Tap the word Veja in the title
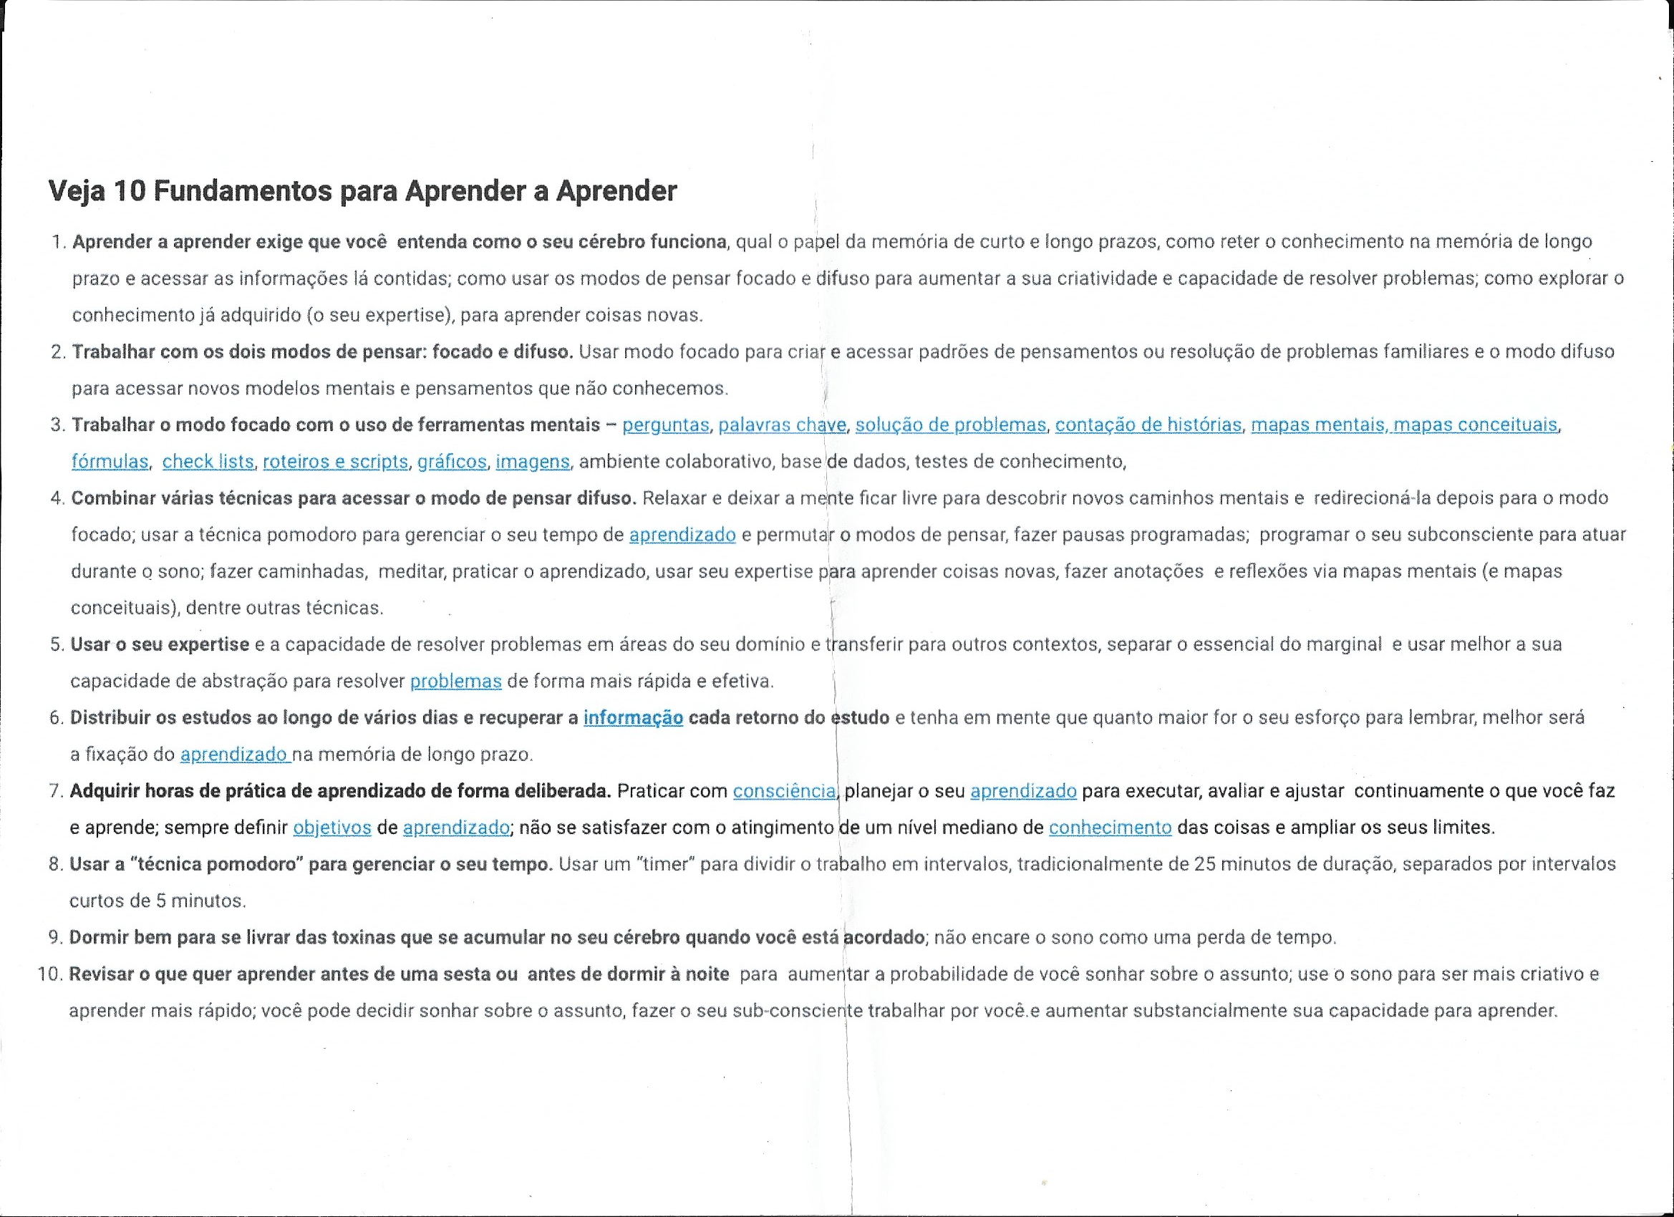tap(77, 192)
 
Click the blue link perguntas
tap(666, 425)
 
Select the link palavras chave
tap(782, 425)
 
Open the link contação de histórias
tap(1148, 425)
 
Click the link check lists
tap(208, 462)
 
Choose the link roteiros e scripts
tap(335, 462)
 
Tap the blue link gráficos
tap(452, 462)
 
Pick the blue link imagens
tap(532, 462)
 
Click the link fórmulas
tap(110, 462)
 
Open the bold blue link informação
tap(632, 718)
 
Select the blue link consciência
tap(785, 792)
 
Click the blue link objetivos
tap(332, 828)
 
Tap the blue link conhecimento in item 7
tap(1109, 828)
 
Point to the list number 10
tap(49, 974)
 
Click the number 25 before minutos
tap(1204, 864)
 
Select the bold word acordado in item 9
tap(884, 938)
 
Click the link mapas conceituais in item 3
tap(1475, 425)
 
